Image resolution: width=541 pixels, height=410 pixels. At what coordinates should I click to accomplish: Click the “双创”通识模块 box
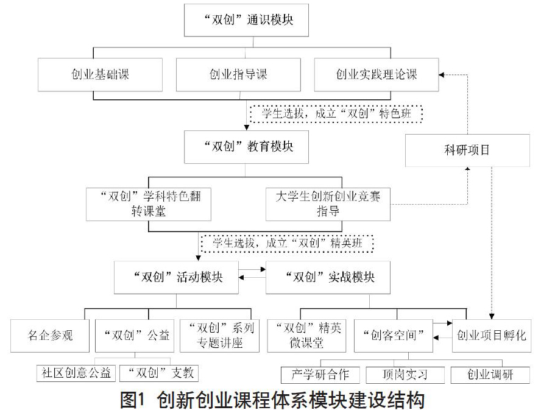[x=246, y=20]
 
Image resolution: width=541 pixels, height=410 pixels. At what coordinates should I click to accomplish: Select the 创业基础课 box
[x=100, y=74]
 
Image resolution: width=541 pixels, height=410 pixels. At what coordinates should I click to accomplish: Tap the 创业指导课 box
[x=238, y=74]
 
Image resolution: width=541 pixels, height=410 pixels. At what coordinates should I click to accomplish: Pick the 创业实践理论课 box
[x=377, y=74]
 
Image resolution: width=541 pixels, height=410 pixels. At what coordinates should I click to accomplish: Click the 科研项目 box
[x=467, y=150]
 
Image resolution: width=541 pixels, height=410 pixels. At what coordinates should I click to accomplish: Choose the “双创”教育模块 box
[x=246, y=147]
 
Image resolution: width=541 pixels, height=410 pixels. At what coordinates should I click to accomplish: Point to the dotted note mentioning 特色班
[x=336, y=113]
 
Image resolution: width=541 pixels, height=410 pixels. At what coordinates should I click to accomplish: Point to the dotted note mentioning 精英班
[x=287, y=243]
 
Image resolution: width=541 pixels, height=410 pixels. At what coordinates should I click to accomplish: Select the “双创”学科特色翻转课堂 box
[x=149, y=204]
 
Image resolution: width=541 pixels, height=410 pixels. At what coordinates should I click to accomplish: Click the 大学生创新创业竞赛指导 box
[x=328, y=204]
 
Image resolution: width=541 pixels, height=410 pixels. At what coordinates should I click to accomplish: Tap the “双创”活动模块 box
[x=176, y=277]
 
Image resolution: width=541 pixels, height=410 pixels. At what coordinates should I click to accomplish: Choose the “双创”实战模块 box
[x=328, y=277]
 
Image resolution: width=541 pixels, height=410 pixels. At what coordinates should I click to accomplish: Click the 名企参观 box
[x=50, y=336]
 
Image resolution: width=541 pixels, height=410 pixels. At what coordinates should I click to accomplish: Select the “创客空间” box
[x=394, y=336]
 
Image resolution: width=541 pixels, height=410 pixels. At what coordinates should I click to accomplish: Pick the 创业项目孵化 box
[x=492, y=336]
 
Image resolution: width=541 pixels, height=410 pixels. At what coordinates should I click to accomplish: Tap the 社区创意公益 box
[x=76, y=373]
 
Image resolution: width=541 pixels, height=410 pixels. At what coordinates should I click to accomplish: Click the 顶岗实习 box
[x=405, y=375]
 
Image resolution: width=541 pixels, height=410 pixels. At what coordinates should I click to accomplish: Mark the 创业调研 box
[x=490, y=375]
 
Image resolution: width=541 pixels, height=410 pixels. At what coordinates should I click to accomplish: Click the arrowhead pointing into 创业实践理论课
[x=442, y=74]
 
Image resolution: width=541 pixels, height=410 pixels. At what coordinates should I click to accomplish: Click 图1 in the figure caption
[x=132, y=400]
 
